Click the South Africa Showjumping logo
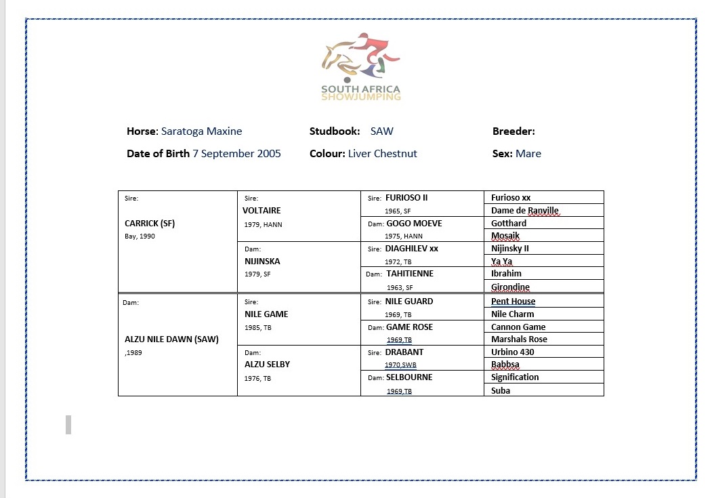point(360,66)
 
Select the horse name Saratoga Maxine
point(201,131)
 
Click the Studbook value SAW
point(381,131)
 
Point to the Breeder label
point(514,131)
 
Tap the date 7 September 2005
point(236,153)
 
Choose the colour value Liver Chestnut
point(382,153)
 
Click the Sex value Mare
point(528,153)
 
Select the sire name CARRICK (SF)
point(150,223)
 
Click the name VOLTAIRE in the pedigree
point(263,211)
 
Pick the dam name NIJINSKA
point(262,261)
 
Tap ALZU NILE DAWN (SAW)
point(171,339)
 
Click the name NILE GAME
point(266,314)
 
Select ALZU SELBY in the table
point(267,364)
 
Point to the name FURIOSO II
point(406,198)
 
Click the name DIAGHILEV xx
point(412,248)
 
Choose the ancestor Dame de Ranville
point(525,211)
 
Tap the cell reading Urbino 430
point(513,352)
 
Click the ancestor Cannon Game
point(518,327)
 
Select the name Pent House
point(513,302)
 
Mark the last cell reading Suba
point(501,390)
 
